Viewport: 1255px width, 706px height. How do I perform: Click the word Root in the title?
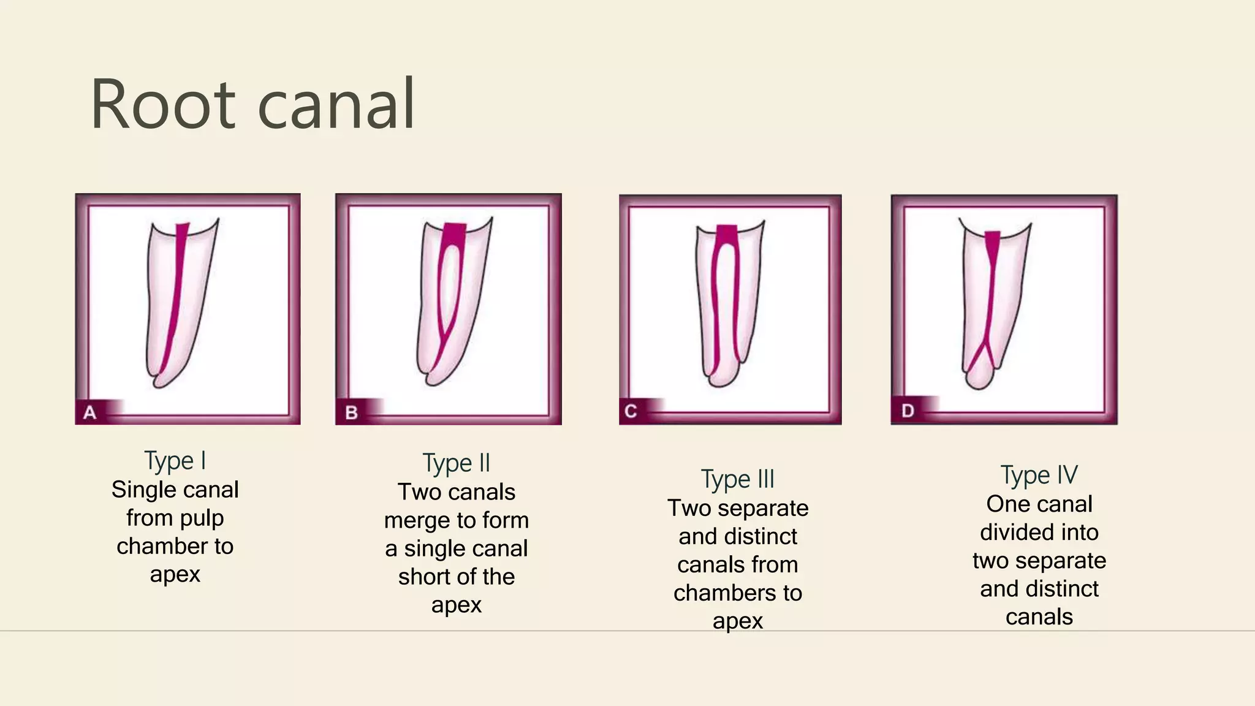click(163, 104)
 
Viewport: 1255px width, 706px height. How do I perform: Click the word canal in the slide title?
click(336, 104)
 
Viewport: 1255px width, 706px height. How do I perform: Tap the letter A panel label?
click(90, 412)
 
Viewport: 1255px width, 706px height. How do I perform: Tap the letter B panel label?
click(351, 412)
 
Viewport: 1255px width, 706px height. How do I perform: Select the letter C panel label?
click(631, 411)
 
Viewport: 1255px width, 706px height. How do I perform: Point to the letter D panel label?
click(908, 411)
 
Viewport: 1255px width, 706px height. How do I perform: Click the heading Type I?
click(175, 461)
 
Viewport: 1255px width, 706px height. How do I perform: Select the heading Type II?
click(457, 463)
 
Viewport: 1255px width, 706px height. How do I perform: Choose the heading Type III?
click(738, 479)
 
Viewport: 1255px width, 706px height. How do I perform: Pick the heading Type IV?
click(1039, 475)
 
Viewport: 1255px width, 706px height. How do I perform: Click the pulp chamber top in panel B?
click(454, 233)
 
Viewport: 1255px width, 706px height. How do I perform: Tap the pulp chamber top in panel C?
click(727, 233)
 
